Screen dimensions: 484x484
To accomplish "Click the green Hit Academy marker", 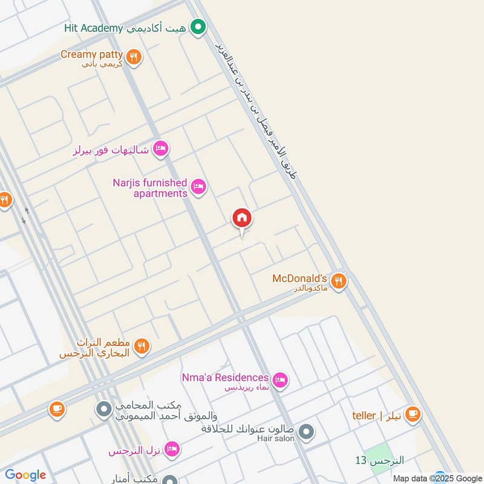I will [x=197, y=27].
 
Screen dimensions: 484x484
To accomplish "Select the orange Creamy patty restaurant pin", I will [x=134, y=57].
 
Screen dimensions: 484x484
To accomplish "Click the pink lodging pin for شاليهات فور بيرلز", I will [x=160, y=148].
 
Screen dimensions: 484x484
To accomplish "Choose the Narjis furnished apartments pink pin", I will [x=198, y=187].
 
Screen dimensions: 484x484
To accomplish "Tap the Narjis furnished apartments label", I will [x=150, y=188].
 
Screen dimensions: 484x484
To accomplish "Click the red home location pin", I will [x=242, y=219].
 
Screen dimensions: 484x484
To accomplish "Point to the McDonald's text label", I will [x=300, y=279].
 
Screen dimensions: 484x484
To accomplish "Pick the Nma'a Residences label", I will [x=225, y=378].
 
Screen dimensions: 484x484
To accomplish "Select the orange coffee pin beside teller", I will [x=413, y=414].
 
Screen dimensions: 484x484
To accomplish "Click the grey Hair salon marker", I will [x=307, y=432].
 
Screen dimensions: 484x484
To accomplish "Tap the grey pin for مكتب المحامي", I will [x=103, y=410].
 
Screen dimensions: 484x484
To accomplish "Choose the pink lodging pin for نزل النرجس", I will [x=172, y=449].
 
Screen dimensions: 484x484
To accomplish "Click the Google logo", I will [x=25, y=475].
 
